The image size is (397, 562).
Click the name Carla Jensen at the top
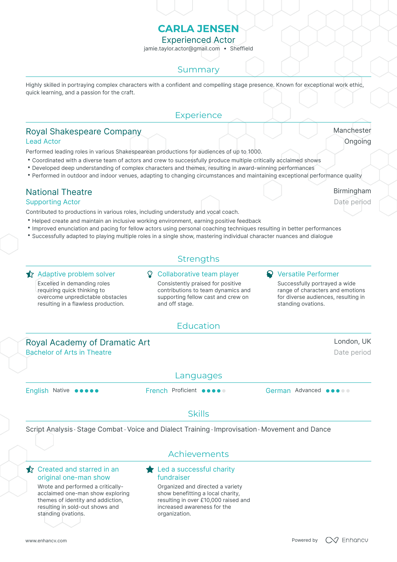pos(198,29)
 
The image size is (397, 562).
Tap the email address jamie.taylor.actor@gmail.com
pos(182,48)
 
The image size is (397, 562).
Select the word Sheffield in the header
pos(241,48)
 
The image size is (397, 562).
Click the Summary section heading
pos(198,70)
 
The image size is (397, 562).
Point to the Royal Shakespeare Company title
pos(83,132)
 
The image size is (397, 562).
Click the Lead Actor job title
pos(43,141)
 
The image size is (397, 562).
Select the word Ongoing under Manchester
pos(357,141)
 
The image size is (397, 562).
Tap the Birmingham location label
pos(352,191)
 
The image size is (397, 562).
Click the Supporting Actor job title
pos(53,202)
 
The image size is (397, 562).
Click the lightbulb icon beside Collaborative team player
pos(150,274)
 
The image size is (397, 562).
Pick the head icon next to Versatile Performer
pos(270,274)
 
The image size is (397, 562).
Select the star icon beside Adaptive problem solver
pos(30,274)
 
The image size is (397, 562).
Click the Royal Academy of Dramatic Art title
pos(88,343)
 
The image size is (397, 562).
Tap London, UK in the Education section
pos(352,341)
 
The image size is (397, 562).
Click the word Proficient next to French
pos(184,390)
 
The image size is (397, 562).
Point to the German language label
pos(278,391)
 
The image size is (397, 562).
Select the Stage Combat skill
pos(100,429)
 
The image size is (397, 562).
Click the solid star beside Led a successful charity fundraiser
pos(150,470)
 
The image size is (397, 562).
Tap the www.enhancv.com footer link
pos(46,541)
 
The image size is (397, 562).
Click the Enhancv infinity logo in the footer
pos(332,540)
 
